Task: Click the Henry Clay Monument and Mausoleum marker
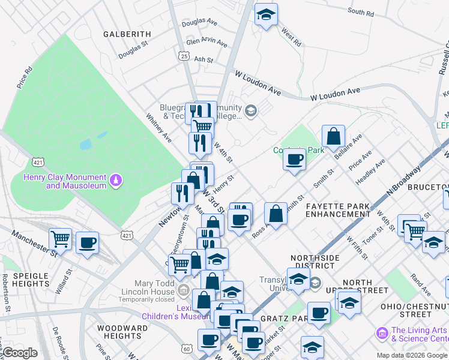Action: [x=116, y=179]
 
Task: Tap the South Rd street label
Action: [x=361, y=12]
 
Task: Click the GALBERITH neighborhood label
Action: [x=127, y=34]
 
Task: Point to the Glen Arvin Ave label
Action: [x=206, y=43]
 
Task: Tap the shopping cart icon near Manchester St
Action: [x=60, y=239]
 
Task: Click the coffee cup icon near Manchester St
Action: [x=88, y=242]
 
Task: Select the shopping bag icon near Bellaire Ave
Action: [x=334, y=136]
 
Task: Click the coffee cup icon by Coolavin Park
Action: [x=294, y=160]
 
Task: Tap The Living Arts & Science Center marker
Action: [x=381, y=332]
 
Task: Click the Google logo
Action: [x=20, y=353]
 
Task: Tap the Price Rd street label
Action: [x=25, y=78]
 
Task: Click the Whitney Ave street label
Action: [x=159, y=128]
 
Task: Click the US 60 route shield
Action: [x=187, y=348]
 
